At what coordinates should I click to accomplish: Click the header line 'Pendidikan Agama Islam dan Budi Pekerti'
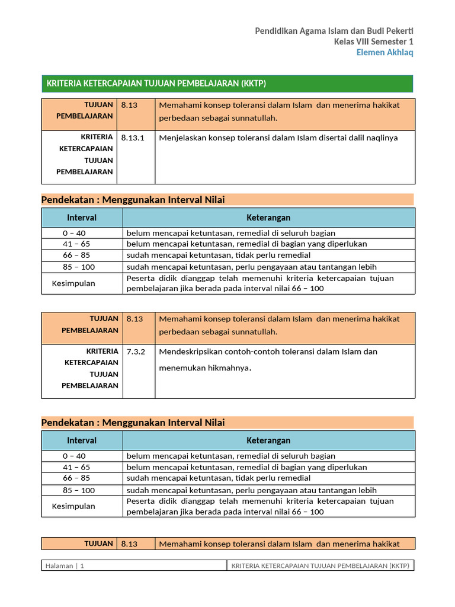coord(334,30)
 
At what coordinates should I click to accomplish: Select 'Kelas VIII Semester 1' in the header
coord(374,41)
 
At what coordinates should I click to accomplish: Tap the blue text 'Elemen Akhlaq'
coord(384,52)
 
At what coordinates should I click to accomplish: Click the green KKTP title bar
coord(227,84)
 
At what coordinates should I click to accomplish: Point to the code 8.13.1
coord(133,138)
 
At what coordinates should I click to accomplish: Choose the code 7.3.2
coord(131,352)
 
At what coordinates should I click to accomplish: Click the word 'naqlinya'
coord(381,138)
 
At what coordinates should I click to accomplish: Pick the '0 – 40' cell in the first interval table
coord(75,233)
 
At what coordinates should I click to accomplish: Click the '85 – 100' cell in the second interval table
coord(79,490)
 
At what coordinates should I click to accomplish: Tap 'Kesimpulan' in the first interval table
coord(73,283)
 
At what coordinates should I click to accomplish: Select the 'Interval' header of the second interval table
coord(82,440)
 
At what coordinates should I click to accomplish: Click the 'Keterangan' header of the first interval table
coord(268,218)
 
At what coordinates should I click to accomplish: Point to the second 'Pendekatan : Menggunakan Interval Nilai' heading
coord(133,423)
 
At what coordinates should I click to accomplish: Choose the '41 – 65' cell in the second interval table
coord(76,467)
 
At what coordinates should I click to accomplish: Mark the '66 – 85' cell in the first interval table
coord(76,255)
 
